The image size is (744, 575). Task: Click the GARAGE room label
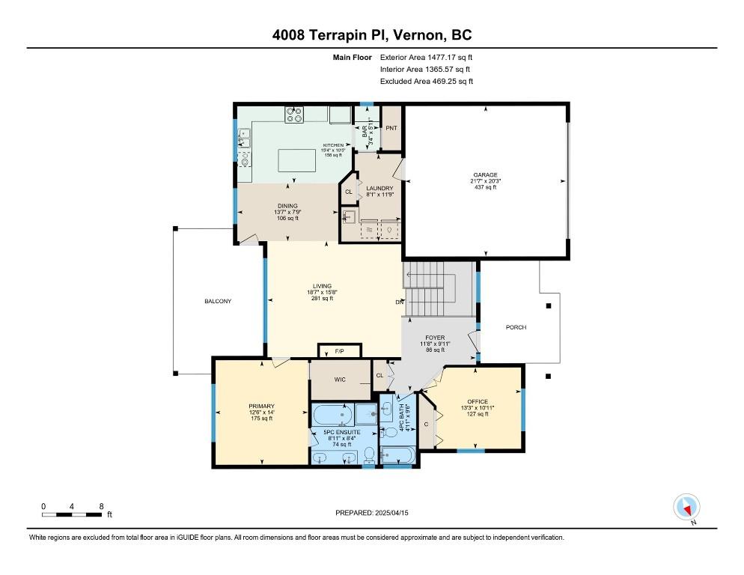pos(484,175)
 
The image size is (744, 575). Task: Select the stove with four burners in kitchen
pos(294,115)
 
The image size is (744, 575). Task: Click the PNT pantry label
pos(391,128)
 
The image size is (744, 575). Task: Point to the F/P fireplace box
pos(340,350)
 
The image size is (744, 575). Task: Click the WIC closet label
pos(340,380)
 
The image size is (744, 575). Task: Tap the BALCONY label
pos(218,301)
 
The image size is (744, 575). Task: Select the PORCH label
pos(516,327)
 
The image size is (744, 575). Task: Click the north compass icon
pos(686,507)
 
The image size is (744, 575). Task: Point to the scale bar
pos(73,514)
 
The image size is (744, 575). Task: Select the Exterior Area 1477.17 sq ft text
pos(427,57)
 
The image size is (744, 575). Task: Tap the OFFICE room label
pos(478,402)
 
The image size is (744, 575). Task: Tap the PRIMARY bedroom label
pos(261,406)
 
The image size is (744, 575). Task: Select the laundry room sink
pos(348,217)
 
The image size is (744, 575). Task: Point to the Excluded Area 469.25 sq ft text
pos(427,81)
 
